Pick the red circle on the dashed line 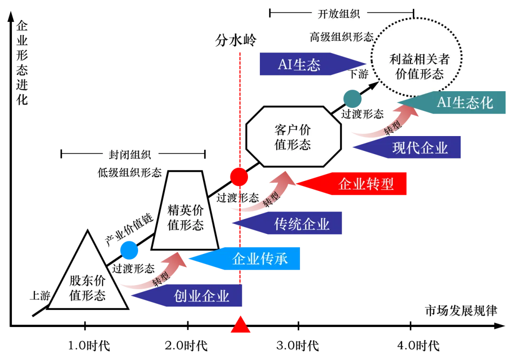(x=239, y=177)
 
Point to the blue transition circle (x=129, y=250)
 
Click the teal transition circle (x=353, y=99)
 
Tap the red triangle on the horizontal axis (x=240, y=325)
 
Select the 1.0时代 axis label (x=89, y=346)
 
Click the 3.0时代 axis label (x=298, y=346)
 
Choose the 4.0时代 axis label (x=418, y=346)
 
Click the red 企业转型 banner (x=352, y=184)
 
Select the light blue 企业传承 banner (x=244, y=259)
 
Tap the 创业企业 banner (x=187, y=296)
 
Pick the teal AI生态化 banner (x=451, y=103)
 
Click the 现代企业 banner (x=407, y=147)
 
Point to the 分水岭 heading (x=236, y=41)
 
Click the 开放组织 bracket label (x=339, y=14)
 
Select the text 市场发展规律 (x=461, y=311)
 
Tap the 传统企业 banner (x=287, y=223)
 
